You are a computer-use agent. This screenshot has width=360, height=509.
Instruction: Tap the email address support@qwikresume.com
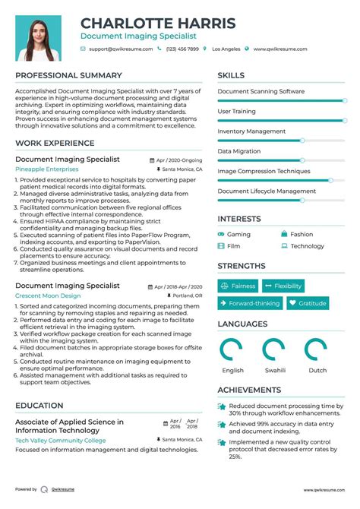[x=121, y=49]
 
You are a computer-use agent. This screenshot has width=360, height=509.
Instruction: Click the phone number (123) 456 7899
[x=182, y=49]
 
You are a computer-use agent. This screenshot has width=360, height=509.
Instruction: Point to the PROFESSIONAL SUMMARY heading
[x=68, y=76]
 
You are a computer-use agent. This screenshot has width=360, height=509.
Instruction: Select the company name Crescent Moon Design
[x=48, y=296]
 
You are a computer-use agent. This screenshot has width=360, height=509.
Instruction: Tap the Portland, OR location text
[x=187, y=296]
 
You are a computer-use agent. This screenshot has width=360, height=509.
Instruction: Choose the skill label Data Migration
[x=239, y=151]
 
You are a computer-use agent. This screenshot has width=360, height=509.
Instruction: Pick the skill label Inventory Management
[x=251, y=131]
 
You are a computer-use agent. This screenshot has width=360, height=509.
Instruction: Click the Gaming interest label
[x=238, y=235]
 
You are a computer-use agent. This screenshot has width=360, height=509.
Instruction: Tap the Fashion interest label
[x=302, y=235]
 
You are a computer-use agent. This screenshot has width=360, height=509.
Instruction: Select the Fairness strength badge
[x=238, y=286]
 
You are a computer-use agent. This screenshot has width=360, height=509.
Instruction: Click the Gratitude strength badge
[x=307, y=303]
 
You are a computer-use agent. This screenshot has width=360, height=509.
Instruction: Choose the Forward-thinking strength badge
[x=250, y=303]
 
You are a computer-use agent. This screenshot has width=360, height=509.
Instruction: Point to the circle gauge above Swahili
[x=274, y=349]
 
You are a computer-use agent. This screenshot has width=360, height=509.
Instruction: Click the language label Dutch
[x=317, y=370]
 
